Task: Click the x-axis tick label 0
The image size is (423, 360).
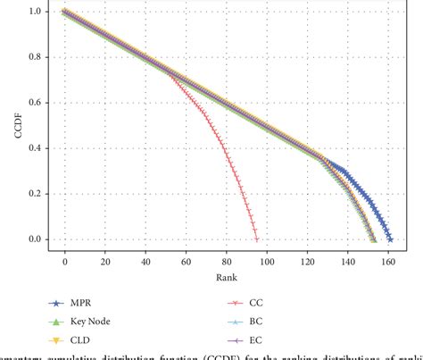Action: click(x=65, y=262)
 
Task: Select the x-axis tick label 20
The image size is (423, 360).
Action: click(x=105, y=262)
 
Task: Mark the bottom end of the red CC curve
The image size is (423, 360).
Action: click(x=257, y=239)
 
